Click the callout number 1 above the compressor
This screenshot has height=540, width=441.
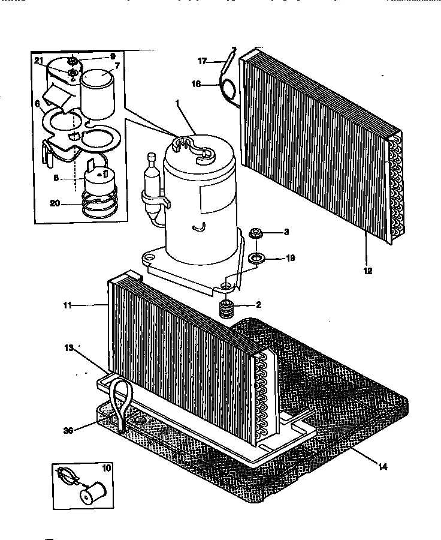[177, 104]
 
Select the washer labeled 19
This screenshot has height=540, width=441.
[258, 259]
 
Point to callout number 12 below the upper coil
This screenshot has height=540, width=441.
[368, 271]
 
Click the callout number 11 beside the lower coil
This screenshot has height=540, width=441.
[67, 305]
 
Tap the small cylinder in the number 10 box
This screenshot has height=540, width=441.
[93, 494]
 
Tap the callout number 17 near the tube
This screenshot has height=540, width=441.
[202, 61]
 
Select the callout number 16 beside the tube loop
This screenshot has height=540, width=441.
[196, 85]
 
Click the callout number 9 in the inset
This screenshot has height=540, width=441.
[112, 56]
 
